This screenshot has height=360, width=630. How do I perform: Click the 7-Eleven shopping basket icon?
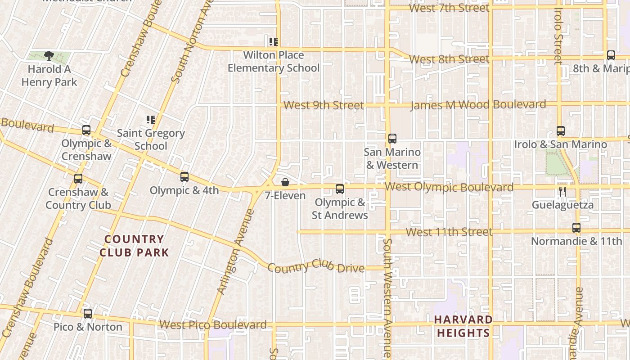coord(285,182)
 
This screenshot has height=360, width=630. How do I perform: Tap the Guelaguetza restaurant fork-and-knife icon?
coord(562,192)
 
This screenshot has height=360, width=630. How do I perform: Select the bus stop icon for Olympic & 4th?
coord(184,177)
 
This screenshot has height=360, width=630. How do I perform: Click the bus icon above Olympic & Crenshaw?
coord(86,130)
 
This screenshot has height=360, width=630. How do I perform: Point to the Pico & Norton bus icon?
coord(88,314)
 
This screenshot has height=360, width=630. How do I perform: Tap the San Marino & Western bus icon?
coord(392,139)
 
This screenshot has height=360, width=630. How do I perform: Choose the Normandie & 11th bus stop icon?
coord(576,228)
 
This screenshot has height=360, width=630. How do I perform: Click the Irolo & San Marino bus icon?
coord(561,131)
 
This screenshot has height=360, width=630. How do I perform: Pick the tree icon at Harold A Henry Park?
coord(49,56)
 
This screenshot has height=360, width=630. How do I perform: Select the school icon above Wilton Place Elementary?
coord(273,42)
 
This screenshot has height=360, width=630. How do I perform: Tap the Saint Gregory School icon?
coord(151,120)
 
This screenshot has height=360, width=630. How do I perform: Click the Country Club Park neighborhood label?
coord(134,246)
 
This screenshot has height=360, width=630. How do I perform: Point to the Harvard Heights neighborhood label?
coord(463,326)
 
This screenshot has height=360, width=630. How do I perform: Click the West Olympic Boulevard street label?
coord(449,187)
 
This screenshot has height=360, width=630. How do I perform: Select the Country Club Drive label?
coord(316,267)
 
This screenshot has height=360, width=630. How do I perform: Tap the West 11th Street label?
coord(449,232)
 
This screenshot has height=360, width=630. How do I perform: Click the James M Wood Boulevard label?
coord(478,105)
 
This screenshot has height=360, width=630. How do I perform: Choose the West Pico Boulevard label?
coord(213,324)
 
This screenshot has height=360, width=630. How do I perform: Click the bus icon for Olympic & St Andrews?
coord(340,189)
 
